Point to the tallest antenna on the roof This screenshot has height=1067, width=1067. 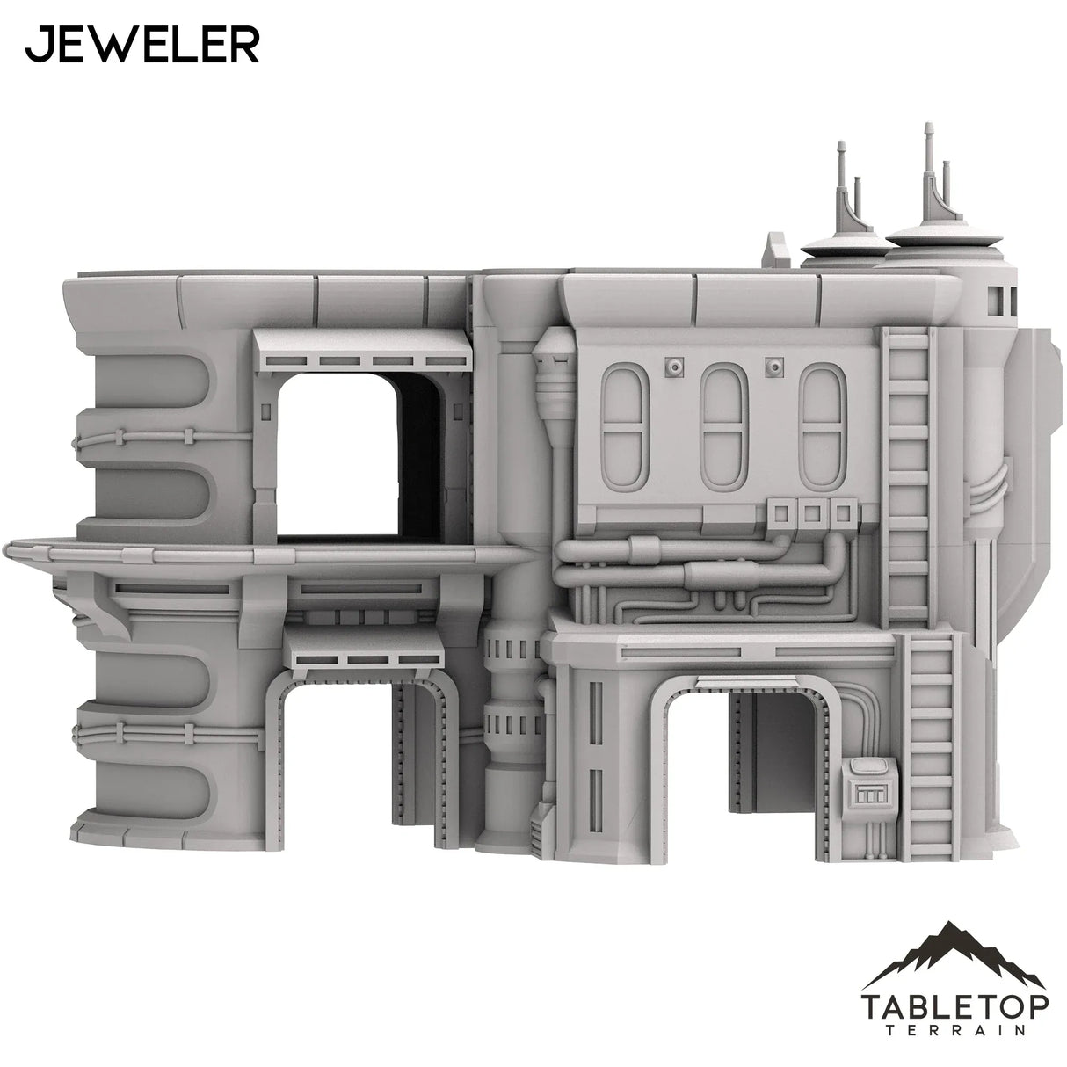927,167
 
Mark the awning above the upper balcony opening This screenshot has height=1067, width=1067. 360,349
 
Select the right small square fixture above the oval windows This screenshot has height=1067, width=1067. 774,366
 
